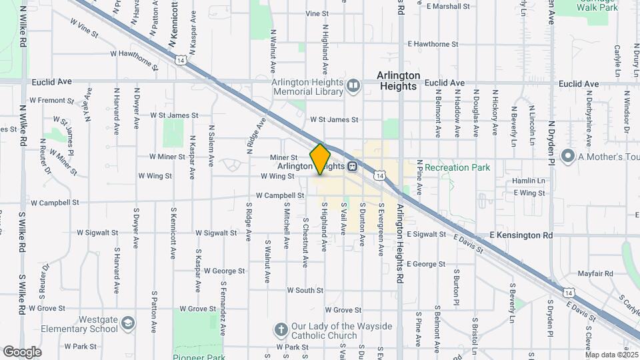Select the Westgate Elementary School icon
[x=127, y=324]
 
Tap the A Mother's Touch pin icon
[x=568, y=156]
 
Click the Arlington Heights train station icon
[x=351, y=167]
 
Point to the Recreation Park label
[x=457, y=167]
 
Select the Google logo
[x=22, y=351]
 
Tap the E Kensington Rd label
[x=521, y=235]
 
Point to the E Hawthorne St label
[x=434, y=44]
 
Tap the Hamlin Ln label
[x=529, y=181]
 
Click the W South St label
[x=305, y=290]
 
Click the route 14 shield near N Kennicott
[x=181, y=60]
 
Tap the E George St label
[x=425, y=264]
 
